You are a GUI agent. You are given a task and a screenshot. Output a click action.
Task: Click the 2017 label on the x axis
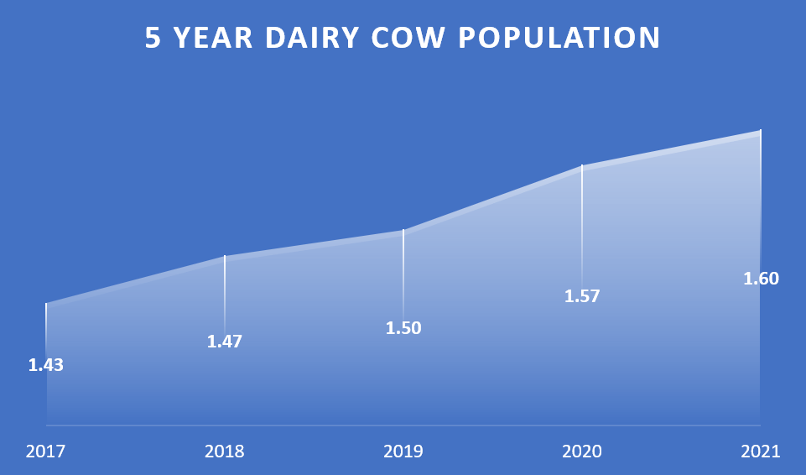46,452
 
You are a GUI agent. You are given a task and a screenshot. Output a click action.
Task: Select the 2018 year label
224,452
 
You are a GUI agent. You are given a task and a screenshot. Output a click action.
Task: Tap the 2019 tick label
403,452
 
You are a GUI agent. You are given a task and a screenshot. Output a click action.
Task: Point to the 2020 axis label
582,452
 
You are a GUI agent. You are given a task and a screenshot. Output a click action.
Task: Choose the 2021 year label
760,452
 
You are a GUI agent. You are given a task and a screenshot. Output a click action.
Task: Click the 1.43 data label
46,365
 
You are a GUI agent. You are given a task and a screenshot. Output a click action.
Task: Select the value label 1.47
224,342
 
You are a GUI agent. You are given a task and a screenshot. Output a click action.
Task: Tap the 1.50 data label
403,328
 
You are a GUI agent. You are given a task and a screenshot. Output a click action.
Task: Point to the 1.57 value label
582,296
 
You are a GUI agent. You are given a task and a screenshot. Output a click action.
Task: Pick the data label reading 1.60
762,279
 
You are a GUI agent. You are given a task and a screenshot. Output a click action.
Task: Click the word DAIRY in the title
311,38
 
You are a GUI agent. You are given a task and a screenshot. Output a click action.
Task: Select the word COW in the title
408,38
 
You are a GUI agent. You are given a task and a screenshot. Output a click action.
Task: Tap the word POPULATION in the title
559,38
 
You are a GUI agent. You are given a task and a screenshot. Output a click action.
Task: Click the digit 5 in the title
153,38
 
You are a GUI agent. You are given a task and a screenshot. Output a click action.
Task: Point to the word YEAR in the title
213,38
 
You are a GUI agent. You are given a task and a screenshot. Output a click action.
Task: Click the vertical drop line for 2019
403,275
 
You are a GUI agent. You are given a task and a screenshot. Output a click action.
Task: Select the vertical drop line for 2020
582,227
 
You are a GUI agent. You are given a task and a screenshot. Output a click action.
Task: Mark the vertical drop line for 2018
225,295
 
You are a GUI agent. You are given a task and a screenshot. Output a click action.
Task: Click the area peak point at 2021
760,131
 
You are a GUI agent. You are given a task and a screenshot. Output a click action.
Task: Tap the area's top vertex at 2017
46,303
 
